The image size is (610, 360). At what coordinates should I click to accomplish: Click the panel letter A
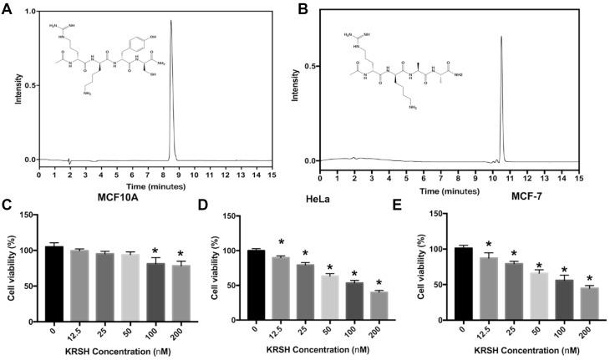click(7, 8)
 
